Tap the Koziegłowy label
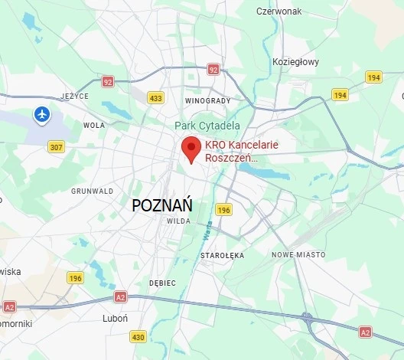[295, 62]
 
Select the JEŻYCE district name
[75, 96]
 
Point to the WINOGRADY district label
[207, 100]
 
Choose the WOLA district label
[94, 125]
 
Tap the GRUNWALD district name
[92, 191]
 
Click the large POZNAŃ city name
[162, 206]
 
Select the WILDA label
[178, 221]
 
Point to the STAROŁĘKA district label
[220, 254]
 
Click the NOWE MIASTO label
[298, 254]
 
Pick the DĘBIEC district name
[162, 283]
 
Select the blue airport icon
[42, 115]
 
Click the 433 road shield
[156, 97]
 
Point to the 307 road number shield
[56, 147]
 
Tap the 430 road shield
[138, 336]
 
